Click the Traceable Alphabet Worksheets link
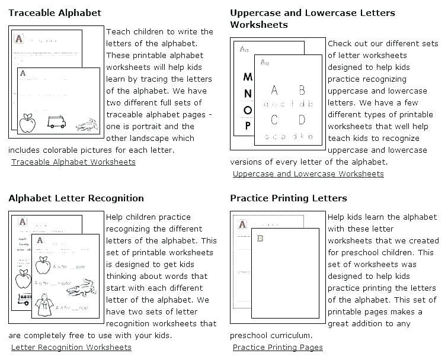73,162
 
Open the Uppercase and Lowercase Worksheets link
308,173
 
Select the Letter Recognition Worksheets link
71,347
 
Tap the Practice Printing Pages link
277,347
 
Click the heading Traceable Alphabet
55,12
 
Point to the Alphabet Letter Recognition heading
76,198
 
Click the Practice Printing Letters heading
288,198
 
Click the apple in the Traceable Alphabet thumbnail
27,123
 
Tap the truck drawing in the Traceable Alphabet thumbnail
56,121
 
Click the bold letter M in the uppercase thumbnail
248,77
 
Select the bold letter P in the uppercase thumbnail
248,125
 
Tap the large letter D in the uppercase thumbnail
302,120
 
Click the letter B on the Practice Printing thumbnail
260,239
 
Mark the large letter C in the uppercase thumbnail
274,120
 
